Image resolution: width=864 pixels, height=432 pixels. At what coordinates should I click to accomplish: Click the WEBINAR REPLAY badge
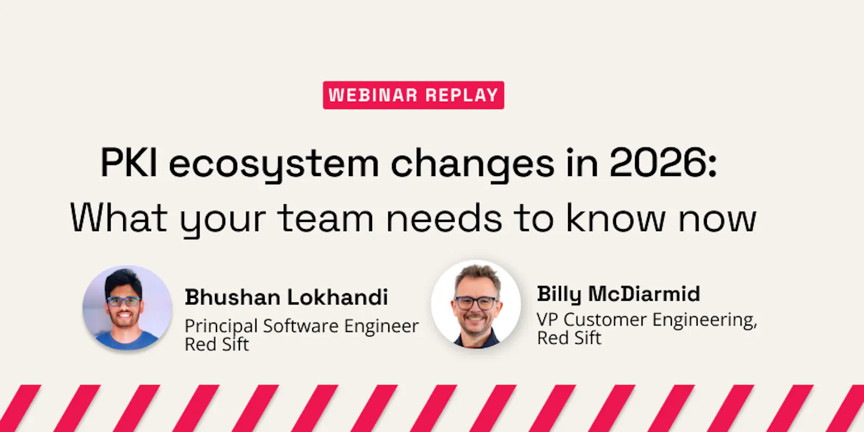click(x=414, y=95)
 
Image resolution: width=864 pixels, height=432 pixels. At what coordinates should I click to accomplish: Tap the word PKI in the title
click(x=129, y=163)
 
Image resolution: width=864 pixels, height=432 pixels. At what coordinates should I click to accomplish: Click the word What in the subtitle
click(x=118, y=218)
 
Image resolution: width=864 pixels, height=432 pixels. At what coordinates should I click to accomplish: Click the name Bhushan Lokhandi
click(x=286, y=297)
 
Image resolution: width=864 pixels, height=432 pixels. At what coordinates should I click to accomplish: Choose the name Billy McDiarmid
click(x=618, y=294)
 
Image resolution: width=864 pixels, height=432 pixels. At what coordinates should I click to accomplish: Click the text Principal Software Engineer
click(x=302, y=326)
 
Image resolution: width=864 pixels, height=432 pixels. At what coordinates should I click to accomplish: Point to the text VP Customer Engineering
click(x=646, y=320)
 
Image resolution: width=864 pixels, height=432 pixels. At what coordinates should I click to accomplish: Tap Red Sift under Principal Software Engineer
click(x=217, y=344)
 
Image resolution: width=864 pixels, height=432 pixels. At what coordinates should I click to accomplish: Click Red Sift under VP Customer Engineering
click(x=569, y=338)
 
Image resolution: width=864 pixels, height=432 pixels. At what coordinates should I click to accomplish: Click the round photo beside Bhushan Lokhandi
click(x=127, y=308)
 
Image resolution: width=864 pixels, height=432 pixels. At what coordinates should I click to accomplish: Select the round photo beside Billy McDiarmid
click(x=476, y=305)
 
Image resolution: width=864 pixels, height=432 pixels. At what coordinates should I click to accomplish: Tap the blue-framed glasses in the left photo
click(x=124, y=302)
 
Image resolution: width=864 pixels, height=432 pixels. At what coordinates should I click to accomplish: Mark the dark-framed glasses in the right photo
click(x=476, y=303)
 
